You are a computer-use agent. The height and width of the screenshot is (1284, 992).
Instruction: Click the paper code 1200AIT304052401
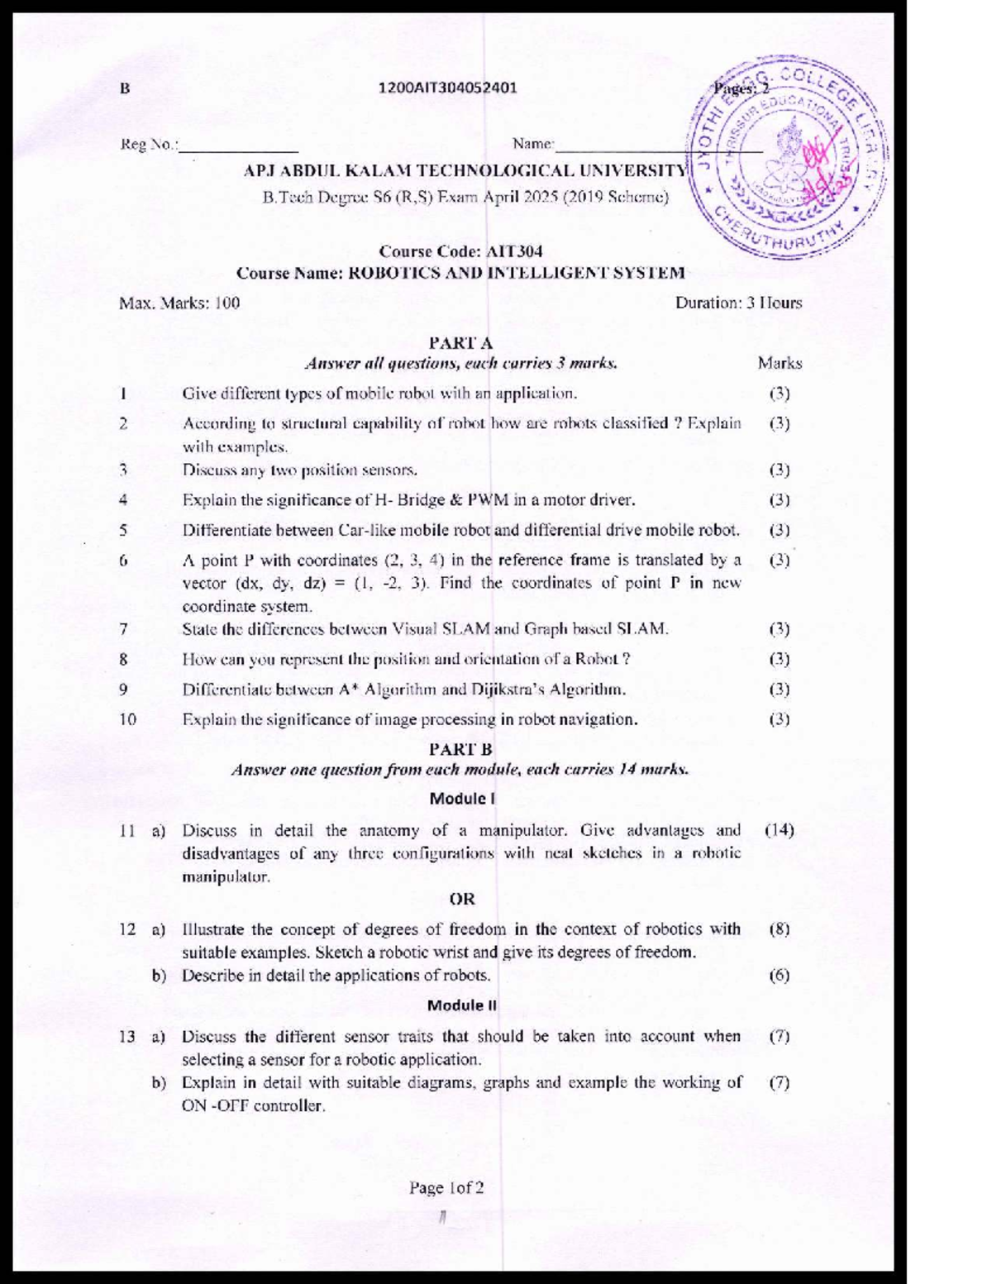(x=447, y=88)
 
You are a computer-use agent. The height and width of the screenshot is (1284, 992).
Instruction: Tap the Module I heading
(x=462, y=799)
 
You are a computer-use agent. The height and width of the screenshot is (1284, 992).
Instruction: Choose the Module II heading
(x=462, y=1005)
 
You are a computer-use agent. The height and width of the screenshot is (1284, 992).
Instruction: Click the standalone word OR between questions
(x=462, y=899)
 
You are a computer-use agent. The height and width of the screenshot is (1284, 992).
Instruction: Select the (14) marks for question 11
(x=779, y=829)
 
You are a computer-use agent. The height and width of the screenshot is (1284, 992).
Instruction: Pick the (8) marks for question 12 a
(x=779, y=928)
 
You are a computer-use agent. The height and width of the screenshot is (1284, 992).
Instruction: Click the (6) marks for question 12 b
(x=779, y=975)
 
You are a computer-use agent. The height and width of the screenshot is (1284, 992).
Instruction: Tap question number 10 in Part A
(x=127, y=719)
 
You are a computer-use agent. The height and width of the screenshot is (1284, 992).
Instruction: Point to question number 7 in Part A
(x=123, y=629)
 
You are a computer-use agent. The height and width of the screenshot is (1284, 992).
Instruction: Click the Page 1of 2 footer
(x=446, y=1188)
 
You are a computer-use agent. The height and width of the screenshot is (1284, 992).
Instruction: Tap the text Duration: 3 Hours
(x=738, y=303)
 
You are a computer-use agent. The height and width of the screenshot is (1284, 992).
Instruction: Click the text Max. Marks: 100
(x=179, y=303)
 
